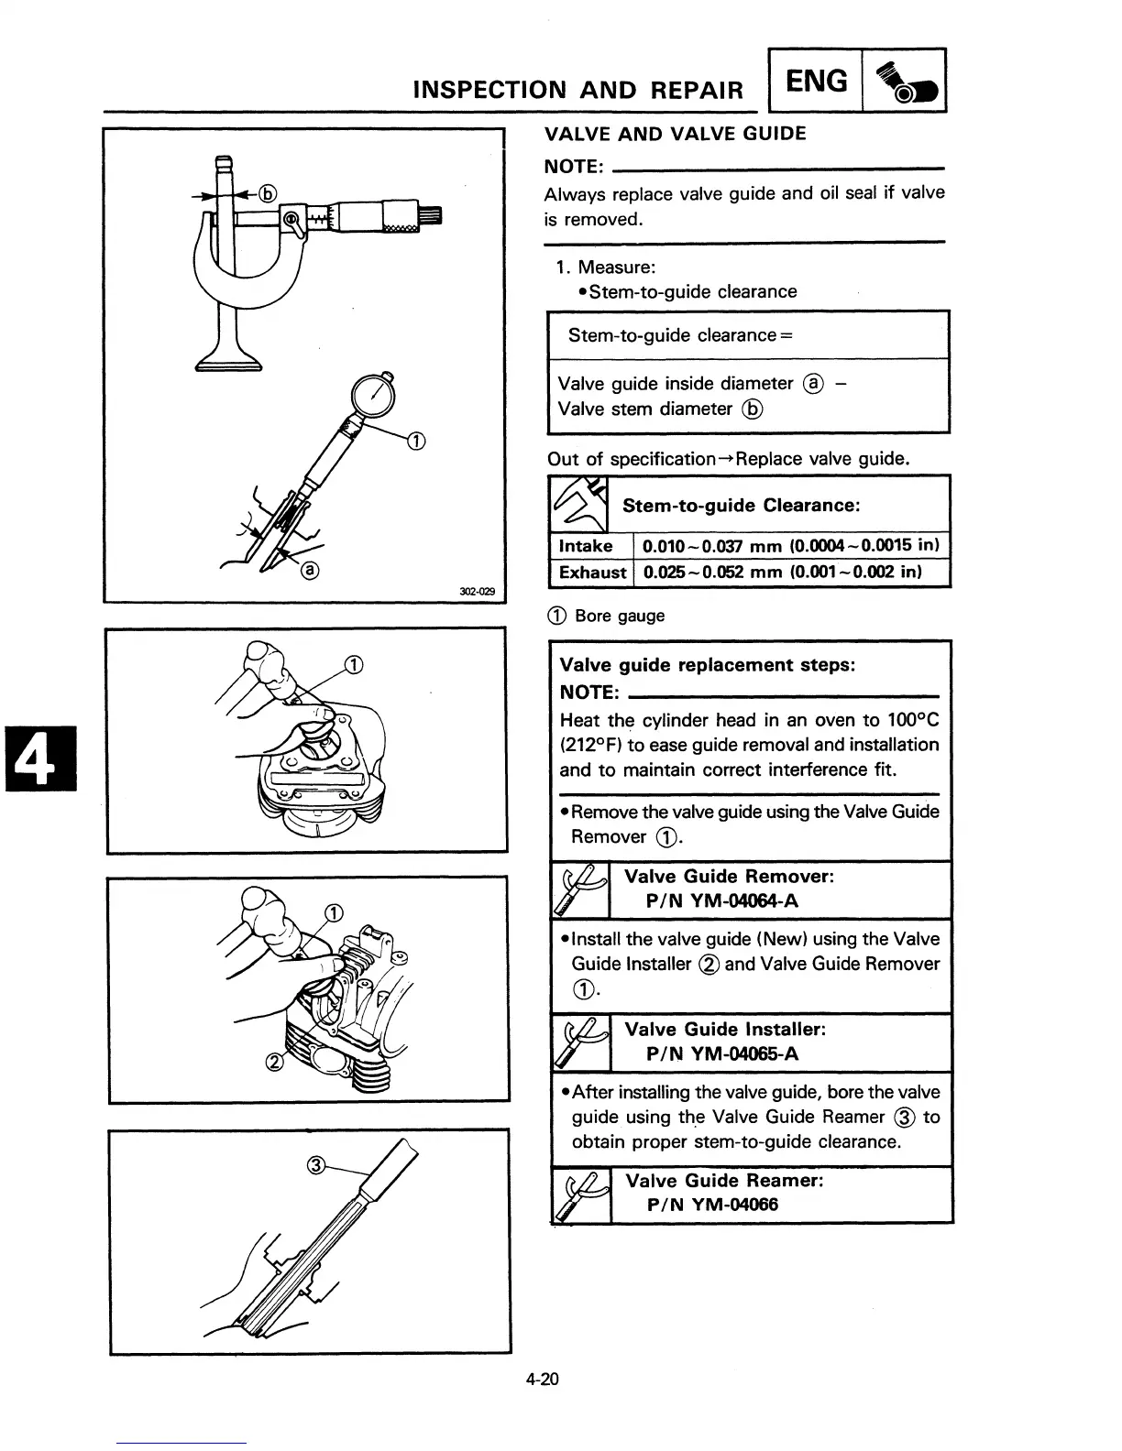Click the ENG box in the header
click(817, 82)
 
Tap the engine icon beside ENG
click(904, 82)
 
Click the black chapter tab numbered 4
click(38, 756)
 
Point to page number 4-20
click(542, 1380)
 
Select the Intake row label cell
click(586, 547)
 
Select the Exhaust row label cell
click(592, 573)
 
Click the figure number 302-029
click(477, 592)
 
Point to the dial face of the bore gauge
click(375, 397)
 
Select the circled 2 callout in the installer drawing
click(273, 1063)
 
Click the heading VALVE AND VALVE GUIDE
click(675, 134)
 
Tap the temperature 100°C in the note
click(913, 720)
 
